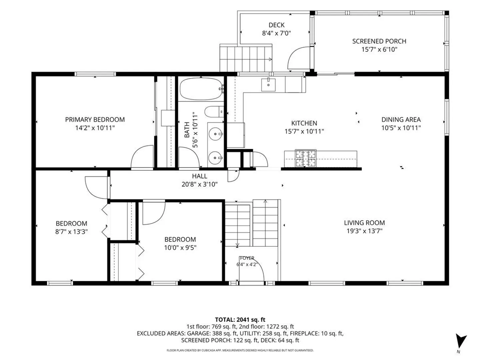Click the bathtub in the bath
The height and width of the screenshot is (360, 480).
click(x=201, y=89)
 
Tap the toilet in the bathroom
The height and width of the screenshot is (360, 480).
click(x=214, y=112)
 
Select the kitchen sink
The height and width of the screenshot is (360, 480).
click(x=268, y=85)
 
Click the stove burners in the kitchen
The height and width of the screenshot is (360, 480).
click(x=305, y=158)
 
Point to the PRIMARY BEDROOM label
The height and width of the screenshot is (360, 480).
click(x=95, y=120)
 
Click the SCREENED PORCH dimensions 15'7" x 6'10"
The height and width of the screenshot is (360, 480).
click(x=379, y=49)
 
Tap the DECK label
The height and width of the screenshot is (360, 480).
click(x=277, y=25)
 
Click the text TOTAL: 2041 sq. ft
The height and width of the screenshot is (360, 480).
click(x=240, y=320)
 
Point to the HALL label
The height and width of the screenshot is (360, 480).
click(x=199, y=176)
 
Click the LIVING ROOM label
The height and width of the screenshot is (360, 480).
click(x=364, y=223)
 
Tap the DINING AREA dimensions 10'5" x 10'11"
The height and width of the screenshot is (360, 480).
click(x=401, y=128)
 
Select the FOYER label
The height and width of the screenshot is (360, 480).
click(x=247, y=258)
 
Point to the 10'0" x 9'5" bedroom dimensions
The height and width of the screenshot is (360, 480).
click(x=180, y=248)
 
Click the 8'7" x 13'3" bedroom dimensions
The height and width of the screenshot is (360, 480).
click(x=71, y=232)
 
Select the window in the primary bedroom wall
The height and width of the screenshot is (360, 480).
click(x=95, y=74)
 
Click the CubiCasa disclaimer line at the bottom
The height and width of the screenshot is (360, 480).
click(x=240, y=350)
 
